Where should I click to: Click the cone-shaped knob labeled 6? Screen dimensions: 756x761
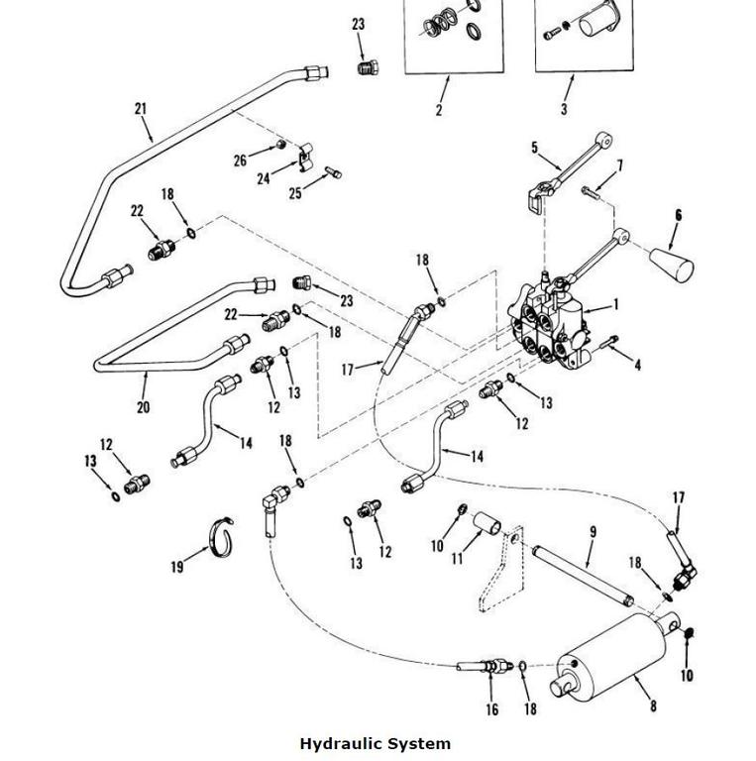click(x=672, y=265)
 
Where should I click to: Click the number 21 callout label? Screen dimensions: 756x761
click(x=141, y=108)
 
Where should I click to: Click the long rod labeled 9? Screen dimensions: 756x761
click(x=583, y=576)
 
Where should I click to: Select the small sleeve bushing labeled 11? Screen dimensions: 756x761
click(x=487, y=523)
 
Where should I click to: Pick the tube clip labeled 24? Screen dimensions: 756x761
click(x=306, y=157)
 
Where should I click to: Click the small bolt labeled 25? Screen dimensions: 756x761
click(x=332, y=171)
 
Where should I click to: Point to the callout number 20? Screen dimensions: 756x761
click(x=143, y=406)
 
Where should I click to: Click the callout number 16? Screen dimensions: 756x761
click(x=492, y=709)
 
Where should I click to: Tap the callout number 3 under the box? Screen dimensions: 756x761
click(x=564, y=109)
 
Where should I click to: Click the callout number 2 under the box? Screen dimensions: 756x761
click(x=439, y=110)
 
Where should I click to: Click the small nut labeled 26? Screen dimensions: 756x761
click(x=280, y=144)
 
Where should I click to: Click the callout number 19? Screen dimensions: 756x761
click(x=177, y=567)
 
